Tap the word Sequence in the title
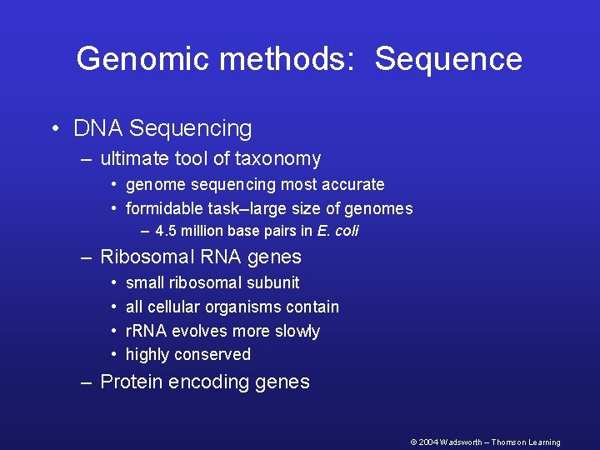448,59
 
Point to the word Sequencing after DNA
191,129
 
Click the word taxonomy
279,159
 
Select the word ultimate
135,158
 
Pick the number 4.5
166,231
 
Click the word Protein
130,382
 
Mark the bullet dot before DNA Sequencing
53,129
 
